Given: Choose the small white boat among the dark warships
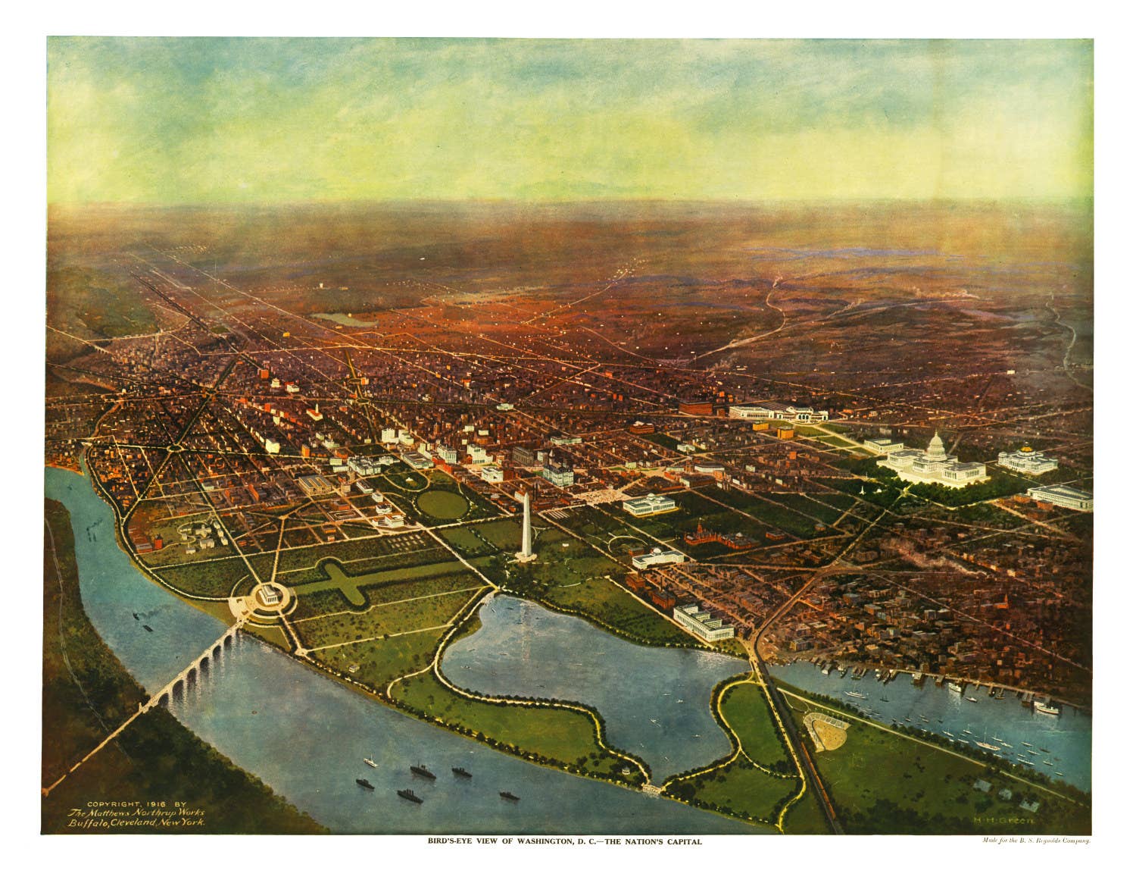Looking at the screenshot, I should [371, 760].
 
